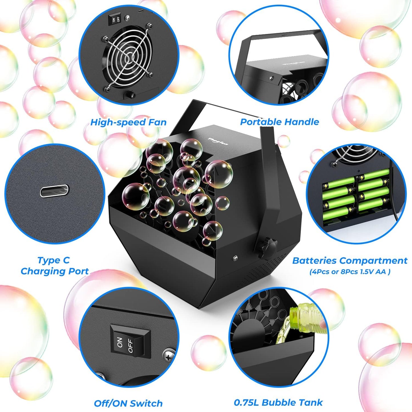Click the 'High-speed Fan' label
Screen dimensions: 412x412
click(128, 122)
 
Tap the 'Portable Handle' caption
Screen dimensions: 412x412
click(279, 122)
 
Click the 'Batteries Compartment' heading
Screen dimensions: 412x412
click(350, 261)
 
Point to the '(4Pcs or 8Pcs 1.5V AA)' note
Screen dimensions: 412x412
click(350, 272)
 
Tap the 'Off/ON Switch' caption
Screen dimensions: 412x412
click(128, 403)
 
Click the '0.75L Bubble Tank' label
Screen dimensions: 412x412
click(278, 402)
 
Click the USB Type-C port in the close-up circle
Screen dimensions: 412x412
click(54, 191)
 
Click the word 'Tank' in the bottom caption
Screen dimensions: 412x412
click(312, 402)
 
